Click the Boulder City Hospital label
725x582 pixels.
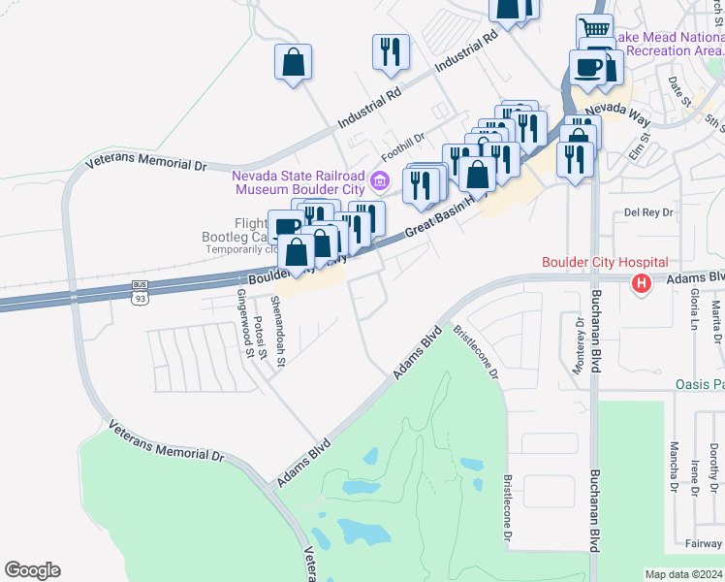pos(606,262)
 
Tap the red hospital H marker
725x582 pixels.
pos(641,284)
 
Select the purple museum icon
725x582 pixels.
pos(380,179)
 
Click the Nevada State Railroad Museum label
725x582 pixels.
pos(299,183)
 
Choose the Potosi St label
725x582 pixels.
pos(259,337)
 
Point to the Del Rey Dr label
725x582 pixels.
pos(648,211)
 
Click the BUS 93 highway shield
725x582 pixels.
pos(141,292)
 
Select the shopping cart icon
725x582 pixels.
pos(594,28)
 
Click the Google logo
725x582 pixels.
pos(32,570)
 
